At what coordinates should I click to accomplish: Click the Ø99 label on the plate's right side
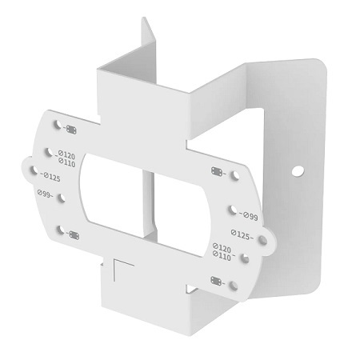click(x=247, y=216)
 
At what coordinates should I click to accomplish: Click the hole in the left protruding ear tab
click(x=33, y=170)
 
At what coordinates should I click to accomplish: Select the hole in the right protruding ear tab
click(x=267, y=236)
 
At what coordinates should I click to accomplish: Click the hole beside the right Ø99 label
click(x=231, y=210)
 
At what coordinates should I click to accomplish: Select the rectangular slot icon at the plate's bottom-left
click(x=73, y=234)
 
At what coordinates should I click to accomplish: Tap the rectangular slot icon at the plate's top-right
click(x=217, y=171)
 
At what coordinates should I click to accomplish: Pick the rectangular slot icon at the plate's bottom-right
click(x=215, y=279)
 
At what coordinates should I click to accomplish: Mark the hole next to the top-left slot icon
click(x=57, y=126)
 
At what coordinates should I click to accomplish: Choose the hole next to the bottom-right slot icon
click(x=233, y=284)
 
